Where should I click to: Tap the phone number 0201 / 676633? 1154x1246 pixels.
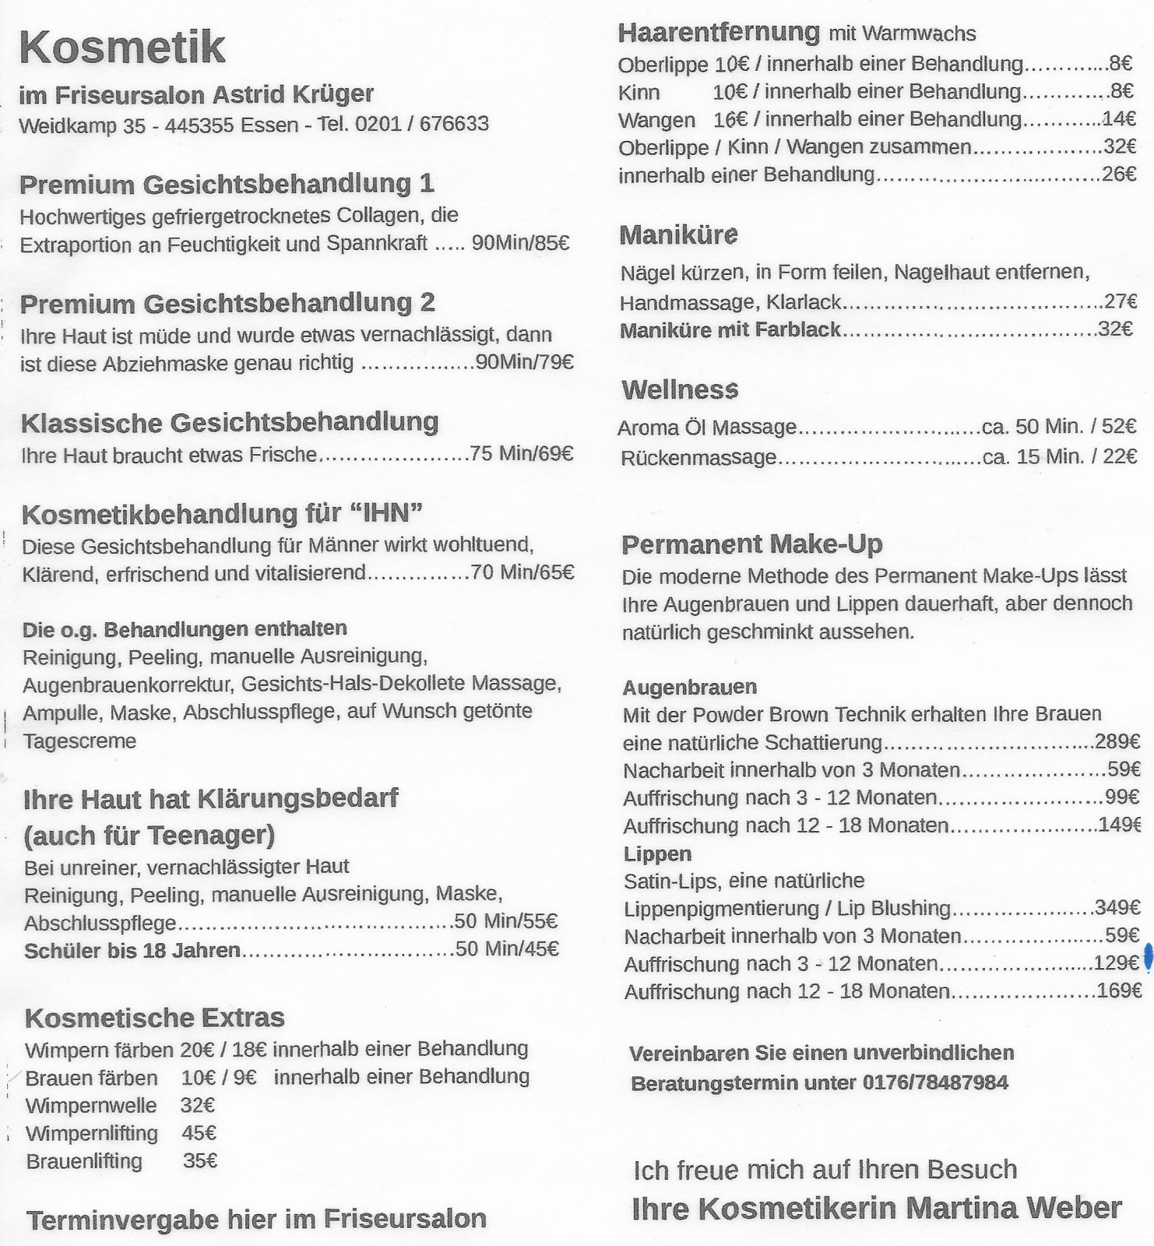tap(421, 125)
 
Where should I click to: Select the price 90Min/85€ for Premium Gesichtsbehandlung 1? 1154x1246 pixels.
tap(520, 244)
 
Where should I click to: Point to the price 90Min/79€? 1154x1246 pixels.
tap(524, 363)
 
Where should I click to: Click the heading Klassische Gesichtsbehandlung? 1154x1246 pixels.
tap(230, 423)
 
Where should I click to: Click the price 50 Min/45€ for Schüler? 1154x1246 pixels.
tap(507, 949)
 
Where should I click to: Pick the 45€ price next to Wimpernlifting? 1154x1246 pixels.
tap(199, 1133)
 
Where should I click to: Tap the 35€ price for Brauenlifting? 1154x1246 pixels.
tap(200, 1161)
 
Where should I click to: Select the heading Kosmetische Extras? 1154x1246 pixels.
tap(155, 1018)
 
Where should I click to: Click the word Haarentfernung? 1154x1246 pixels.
tap(719, 33)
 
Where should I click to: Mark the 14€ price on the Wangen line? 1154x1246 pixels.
tap(1119, 119)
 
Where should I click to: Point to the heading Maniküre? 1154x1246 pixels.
tap(679, 235)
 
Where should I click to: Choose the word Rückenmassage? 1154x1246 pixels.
tap(698, 458)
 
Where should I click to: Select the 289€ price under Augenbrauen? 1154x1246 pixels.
tap(1117, 742)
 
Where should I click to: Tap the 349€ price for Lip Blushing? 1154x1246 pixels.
tap(1117, 908)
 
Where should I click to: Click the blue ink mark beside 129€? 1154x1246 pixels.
tap(1147, 957)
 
